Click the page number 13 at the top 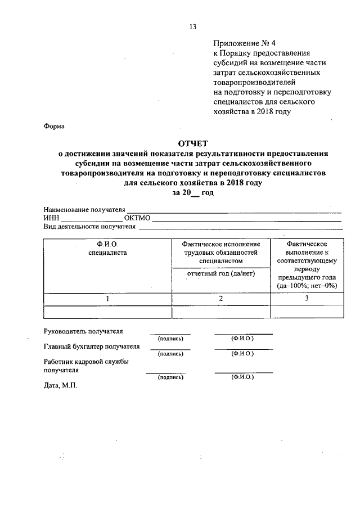point(192,26)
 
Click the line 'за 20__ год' point(193,193)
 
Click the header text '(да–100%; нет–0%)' point(307,286)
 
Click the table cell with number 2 point(220,299)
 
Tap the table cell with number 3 point(307,299)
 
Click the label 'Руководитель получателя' point(83,331)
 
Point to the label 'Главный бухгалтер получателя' point(91,346)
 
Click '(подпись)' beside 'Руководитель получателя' point(170,339)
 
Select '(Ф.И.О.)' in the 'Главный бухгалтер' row point(242,353)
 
